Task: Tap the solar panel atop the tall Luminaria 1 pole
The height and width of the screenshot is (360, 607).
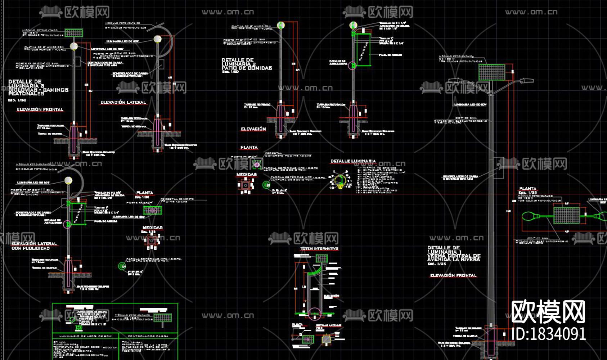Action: point(491,72)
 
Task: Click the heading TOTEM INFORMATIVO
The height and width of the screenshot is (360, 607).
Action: point(319,249)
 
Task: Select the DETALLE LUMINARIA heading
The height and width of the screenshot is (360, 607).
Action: point(353,161)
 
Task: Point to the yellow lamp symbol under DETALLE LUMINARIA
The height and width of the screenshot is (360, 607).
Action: point(340,180)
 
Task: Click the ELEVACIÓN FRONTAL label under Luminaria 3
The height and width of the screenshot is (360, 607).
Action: point(40,109)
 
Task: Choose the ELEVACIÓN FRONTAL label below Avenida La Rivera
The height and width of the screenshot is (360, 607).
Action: point(453,275)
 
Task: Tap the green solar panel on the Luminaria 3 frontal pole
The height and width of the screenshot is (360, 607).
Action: point(74,33)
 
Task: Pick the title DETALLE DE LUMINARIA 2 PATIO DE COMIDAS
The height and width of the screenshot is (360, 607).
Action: point(247,64)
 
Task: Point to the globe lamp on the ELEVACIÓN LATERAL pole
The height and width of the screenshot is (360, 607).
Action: point(157,39)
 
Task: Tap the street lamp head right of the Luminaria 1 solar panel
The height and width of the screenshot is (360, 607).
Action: point(525,80)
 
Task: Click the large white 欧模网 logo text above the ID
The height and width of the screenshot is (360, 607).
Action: point(548,312)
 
